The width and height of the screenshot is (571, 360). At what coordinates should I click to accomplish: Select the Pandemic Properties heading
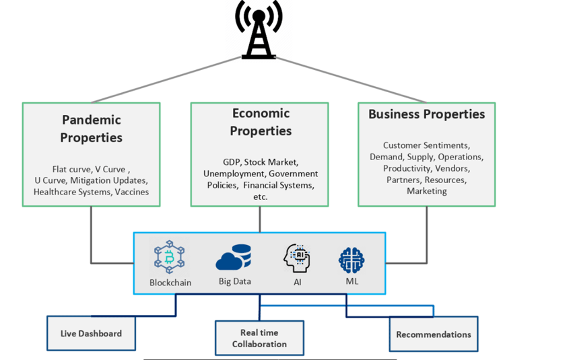91,129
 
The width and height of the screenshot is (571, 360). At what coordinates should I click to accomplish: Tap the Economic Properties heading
260,122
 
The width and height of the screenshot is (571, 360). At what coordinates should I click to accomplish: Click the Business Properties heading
426,114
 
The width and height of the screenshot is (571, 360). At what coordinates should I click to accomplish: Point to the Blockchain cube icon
169,256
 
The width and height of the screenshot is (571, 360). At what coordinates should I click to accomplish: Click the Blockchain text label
170,283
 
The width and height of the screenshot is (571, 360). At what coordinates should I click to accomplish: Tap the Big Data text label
234,281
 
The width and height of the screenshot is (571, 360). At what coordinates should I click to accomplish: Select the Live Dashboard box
91,334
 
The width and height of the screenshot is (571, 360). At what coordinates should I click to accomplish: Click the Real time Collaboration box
259,338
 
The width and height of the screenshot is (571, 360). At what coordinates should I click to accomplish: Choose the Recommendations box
433,334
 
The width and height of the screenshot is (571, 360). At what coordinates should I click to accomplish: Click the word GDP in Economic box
232,162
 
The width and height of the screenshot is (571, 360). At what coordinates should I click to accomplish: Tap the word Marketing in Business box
426,191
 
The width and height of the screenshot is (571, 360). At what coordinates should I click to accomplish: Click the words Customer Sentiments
426,145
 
